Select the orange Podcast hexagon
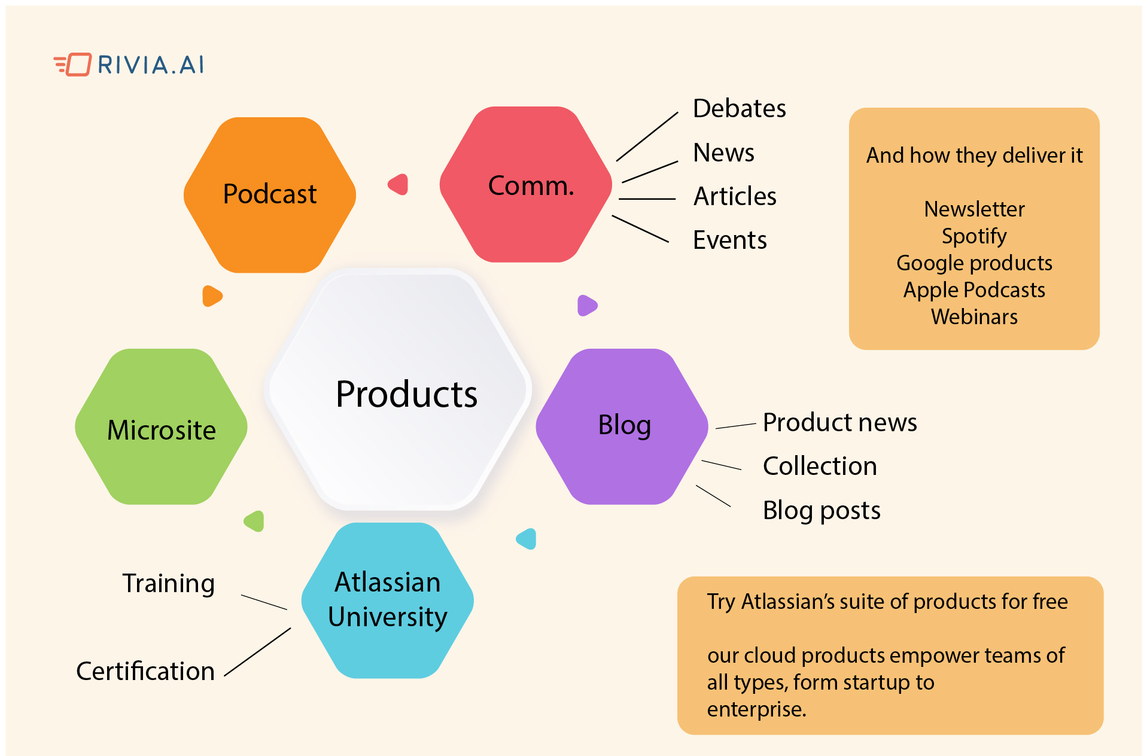click(x=270, y=195)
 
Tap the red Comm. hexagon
click(x=526, y=185)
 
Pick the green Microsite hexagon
click(x=162, y=427)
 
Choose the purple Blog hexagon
click(x=622, y=426)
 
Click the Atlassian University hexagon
click(x=388, y=600)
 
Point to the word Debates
click(x=739, y=109)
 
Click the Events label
click(x=729, y=240)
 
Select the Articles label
click(x=735, y=197)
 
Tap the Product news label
click(x=839, y=423)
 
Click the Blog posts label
click(x=822, y=511)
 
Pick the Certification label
click(x=145, y=672)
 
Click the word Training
click(x=169, y=584)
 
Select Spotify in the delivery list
click(x=974, y=236)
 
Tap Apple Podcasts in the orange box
click(x=974, y=290)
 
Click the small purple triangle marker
click(x=586, y=305)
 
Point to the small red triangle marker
click(x=399, y=184)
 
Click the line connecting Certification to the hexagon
click(x=258, y=652)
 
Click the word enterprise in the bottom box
click(x=756, y=709)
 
